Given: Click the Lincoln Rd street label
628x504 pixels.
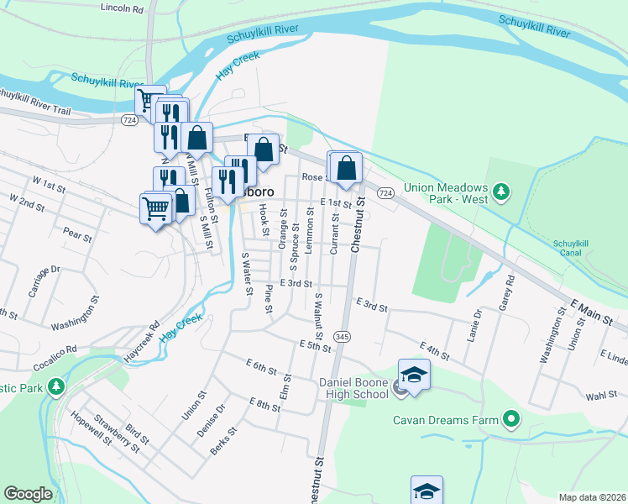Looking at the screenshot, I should tap(122, 8).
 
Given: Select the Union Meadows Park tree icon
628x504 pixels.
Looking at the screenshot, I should tap(501, 192).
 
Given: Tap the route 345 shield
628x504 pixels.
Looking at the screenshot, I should tap(342, 335).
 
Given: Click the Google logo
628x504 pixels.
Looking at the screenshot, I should tap(28, 494).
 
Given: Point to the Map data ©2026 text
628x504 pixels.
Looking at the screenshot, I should tap(592, 497).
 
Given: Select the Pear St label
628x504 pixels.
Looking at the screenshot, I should tap(76, 237).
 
